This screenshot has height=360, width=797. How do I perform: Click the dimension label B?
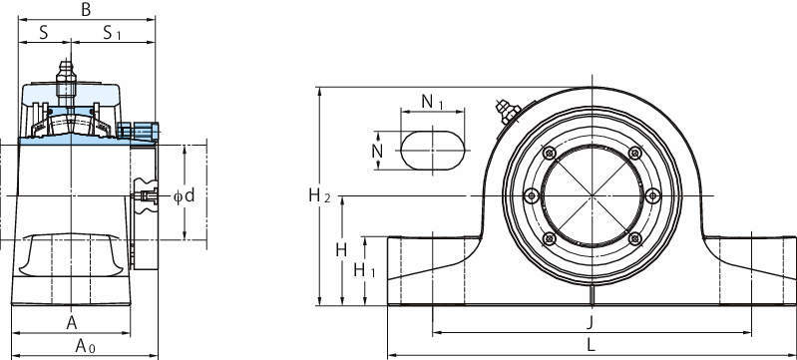86,9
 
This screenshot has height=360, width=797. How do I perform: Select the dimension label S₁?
112,33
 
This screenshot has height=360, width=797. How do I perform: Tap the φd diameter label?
184,195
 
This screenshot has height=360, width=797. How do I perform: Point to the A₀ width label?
85,346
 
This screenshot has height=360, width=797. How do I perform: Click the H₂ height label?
320,195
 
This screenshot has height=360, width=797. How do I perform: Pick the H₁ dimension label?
364,270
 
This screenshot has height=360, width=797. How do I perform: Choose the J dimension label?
591,322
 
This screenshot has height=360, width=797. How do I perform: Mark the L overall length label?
591,346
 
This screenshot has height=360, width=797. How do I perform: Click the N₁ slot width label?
433,102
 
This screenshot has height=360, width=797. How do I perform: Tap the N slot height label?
377,151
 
